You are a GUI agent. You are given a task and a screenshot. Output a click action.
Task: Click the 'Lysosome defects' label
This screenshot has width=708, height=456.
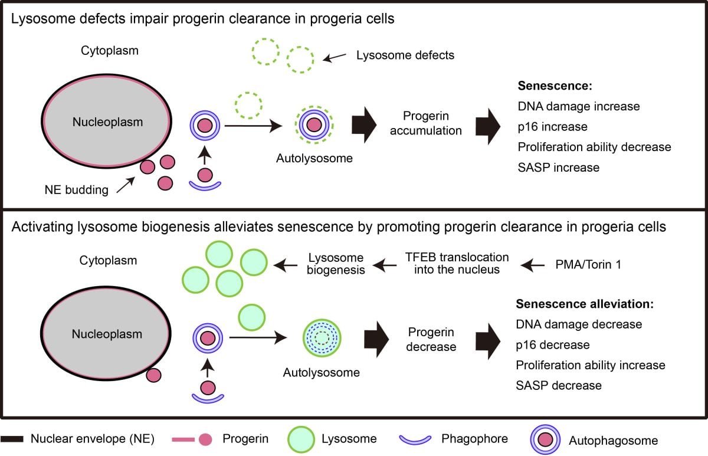405,55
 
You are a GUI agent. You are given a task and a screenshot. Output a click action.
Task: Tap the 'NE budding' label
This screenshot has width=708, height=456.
78,190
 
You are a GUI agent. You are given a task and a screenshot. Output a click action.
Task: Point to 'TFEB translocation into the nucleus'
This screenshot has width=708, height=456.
457,264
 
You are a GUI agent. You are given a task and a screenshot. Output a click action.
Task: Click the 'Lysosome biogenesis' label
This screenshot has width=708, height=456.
336,264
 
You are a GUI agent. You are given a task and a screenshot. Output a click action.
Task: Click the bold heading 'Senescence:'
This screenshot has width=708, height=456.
554,86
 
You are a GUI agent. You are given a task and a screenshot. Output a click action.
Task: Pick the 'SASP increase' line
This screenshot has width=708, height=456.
558,167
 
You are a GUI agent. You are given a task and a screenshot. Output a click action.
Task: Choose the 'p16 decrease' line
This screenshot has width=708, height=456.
553,345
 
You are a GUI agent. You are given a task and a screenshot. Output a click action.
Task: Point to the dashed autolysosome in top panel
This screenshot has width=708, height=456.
314,125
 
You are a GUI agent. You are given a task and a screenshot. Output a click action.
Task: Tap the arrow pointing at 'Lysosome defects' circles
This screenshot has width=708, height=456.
335,57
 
